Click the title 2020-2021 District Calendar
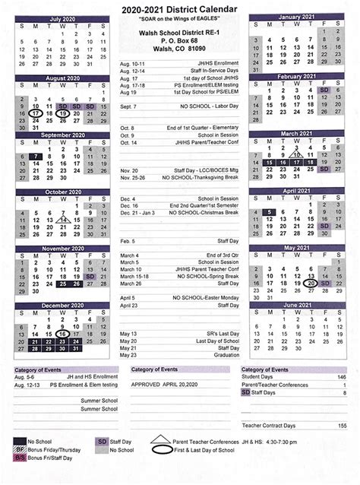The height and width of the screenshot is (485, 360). click(180, 8)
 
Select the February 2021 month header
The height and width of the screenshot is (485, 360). click(296, 76)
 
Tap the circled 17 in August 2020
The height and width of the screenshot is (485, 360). click(36, 113)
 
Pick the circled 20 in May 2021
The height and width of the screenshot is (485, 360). click(311, 283)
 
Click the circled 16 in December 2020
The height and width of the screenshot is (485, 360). click(63, 334)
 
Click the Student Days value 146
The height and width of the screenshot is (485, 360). click(341, 377)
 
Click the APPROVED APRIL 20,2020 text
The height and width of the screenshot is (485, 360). click(166, 385)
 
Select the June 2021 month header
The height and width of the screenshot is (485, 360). click(296, 304)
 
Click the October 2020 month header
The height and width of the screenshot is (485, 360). click(64, 192)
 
